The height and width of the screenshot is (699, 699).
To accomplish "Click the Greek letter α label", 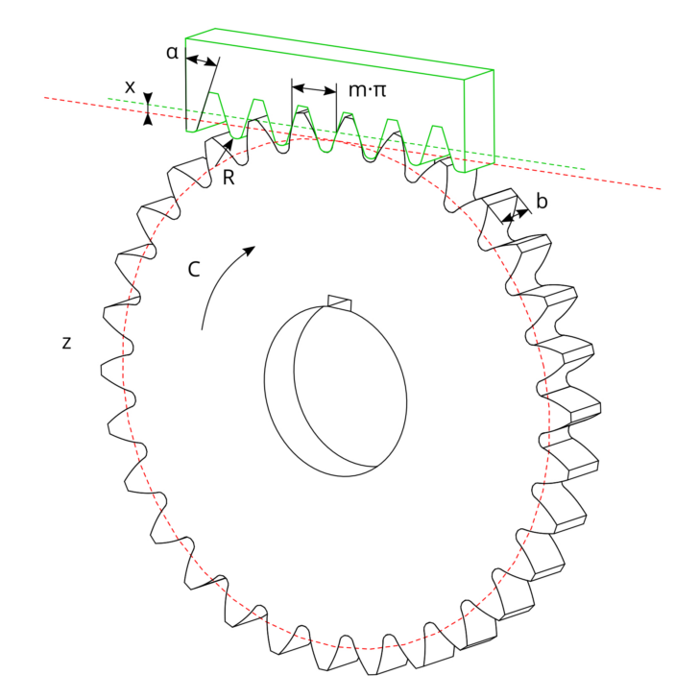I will point(172,51).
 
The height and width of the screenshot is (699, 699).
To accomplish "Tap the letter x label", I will point(130,86).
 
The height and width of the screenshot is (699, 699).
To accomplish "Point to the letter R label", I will point(229,178).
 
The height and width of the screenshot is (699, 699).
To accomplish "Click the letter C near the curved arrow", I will point(193,270).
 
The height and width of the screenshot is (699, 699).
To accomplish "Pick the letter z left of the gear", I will point(66,342).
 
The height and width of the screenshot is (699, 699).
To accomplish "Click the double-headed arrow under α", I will point(200,61).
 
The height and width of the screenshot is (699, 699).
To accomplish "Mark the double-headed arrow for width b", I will point(515,215).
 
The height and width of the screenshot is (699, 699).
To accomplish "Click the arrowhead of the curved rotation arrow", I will point(250,250).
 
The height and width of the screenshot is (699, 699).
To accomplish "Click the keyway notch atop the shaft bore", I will point(340,302).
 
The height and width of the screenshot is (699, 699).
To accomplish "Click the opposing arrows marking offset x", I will point(148,108).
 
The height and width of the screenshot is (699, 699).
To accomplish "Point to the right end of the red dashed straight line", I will point(659,188).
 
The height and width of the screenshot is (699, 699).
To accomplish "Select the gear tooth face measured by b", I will point(499,205).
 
